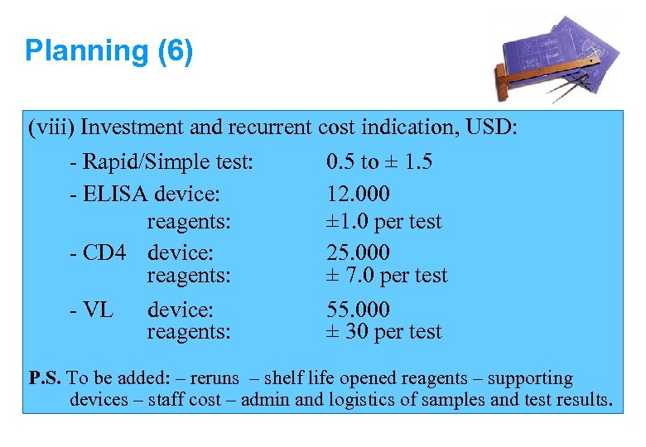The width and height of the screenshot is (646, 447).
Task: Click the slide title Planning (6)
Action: (x=108, y=51)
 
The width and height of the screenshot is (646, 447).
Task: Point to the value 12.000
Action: (x=358, y=195)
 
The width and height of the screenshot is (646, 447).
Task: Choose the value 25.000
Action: (x=358, y=252)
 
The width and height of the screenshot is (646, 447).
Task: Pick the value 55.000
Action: (x=358, y=310)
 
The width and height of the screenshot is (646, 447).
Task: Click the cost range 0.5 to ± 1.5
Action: (x=379, y=161)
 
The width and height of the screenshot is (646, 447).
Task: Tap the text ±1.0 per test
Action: (x=384, y=222)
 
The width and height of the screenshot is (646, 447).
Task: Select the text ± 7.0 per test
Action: (x=387, y=276)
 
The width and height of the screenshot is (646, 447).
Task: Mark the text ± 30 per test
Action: (x=384, y=332)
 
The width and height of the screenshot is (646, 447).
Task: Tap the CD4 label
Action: (x=104, y=252)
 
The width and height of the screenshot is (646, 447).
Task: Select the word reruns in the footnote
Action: (x=215, y=379)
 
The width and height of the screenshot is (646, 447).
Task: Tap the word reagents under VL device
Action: (x=188, y=332)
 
